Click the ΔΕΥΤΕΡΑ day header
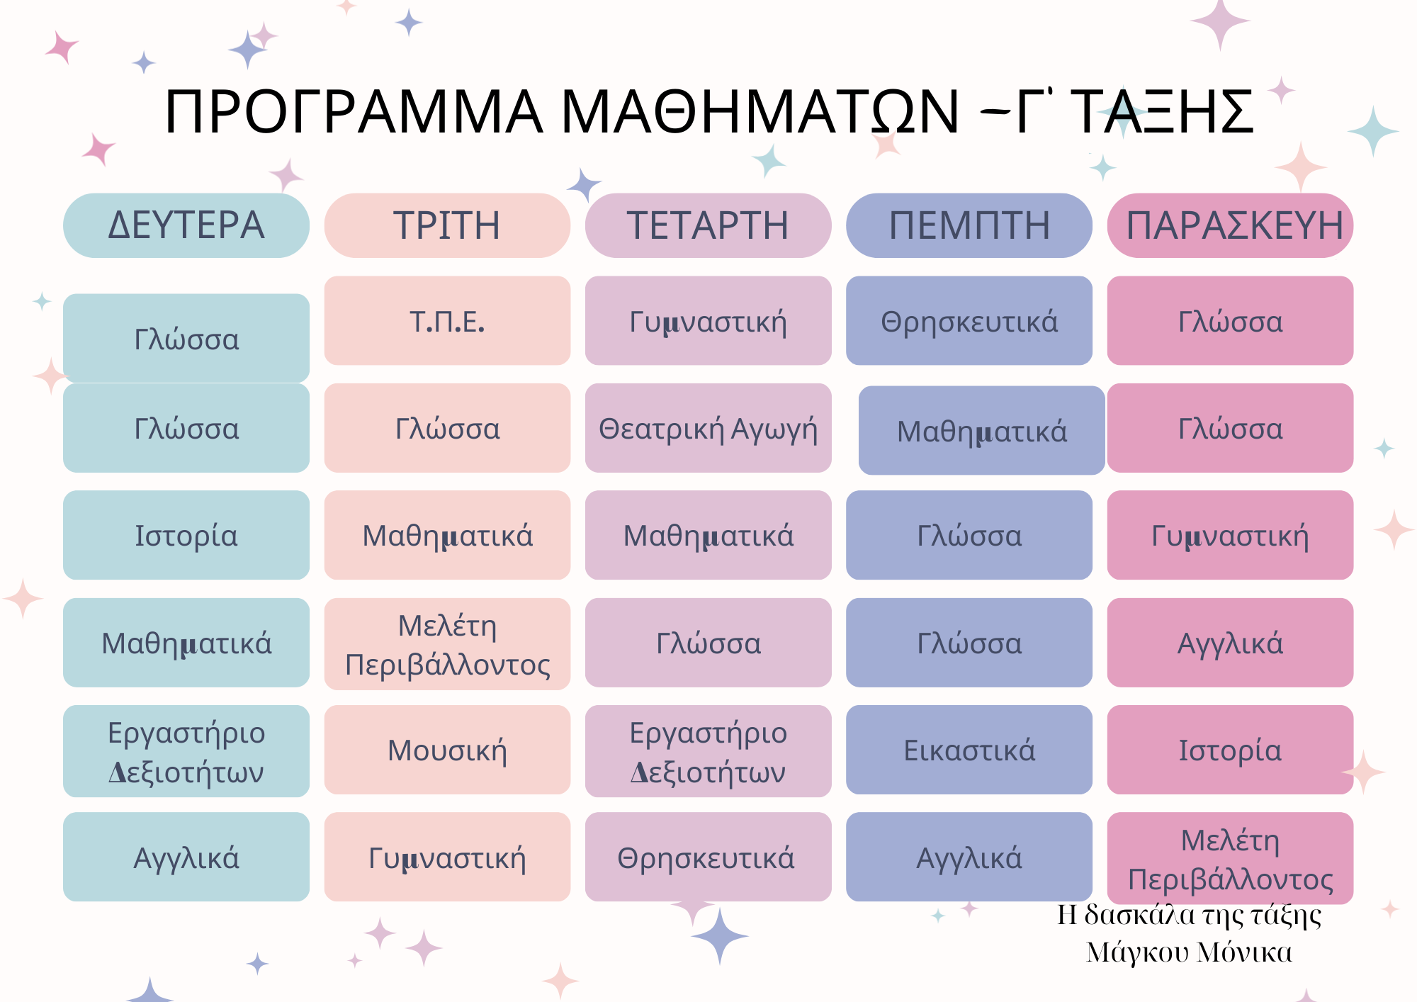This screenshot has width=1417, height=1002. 186,225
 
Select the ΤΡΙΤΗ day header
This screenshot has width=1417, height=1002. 447,225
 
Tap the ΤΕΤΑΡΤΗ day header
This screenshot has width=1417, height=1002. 708,225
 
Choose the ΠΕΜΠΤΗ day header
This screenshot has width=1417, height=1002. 969,225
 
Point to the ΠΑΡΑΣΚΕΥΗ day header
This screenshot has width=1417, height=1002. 1231,225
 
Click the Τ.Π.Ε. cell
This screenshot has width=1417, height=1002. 447,321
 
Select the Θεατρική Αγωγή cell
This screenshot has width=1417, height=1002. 708,428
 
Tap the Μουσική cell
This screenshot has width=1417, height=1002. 447,750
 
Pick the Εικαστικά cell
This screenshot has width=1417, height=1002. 969,750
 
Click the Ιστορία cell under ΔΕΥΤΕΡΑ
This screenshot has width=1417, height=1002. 186,535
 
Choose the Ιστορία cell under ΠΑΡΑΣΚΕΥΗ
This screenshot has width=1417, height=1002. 1231,750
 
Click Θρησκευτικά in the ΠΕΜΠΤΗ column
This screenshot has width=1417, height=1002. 969,321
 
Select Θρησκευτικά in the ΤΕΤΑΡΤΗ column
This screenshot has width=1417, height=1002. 708,857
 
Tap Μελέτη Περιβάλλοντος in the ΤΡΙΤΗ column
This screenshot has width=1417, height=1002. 447,644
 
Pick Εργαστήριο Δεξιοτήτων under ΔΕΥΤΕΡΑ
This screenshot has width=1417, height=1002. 186,751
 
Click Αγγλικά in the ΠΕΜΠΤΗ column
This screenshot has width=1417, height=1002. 969,857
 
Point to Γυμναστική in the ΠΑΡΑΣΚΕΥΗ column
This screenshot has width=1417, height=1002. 1231,535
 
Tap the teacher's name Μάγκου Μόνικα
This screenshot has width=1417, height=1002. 1190,952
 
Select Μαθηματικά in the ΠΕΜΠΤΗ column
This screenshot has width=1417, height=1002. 982,430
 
